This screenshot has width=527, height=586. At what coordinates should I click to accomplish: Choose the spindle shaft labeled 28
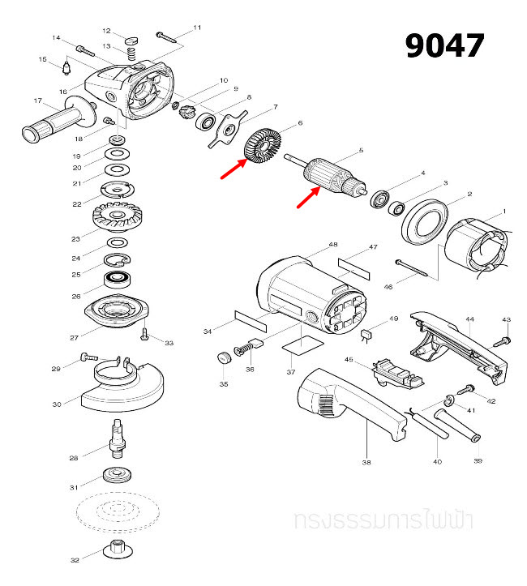pyautogui.click(x=116, y=437)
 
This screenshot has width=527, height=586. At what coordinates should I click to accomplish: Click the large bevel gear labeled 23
pyautogui.click(x=117, y=216)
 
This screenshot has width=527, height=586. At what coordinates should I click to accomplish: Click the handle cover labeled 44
pyautogui.click(x=454, y=341)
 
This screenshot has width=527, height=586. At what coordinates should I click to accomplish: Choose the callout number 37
pyautogui.click(x=289, y=371)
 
